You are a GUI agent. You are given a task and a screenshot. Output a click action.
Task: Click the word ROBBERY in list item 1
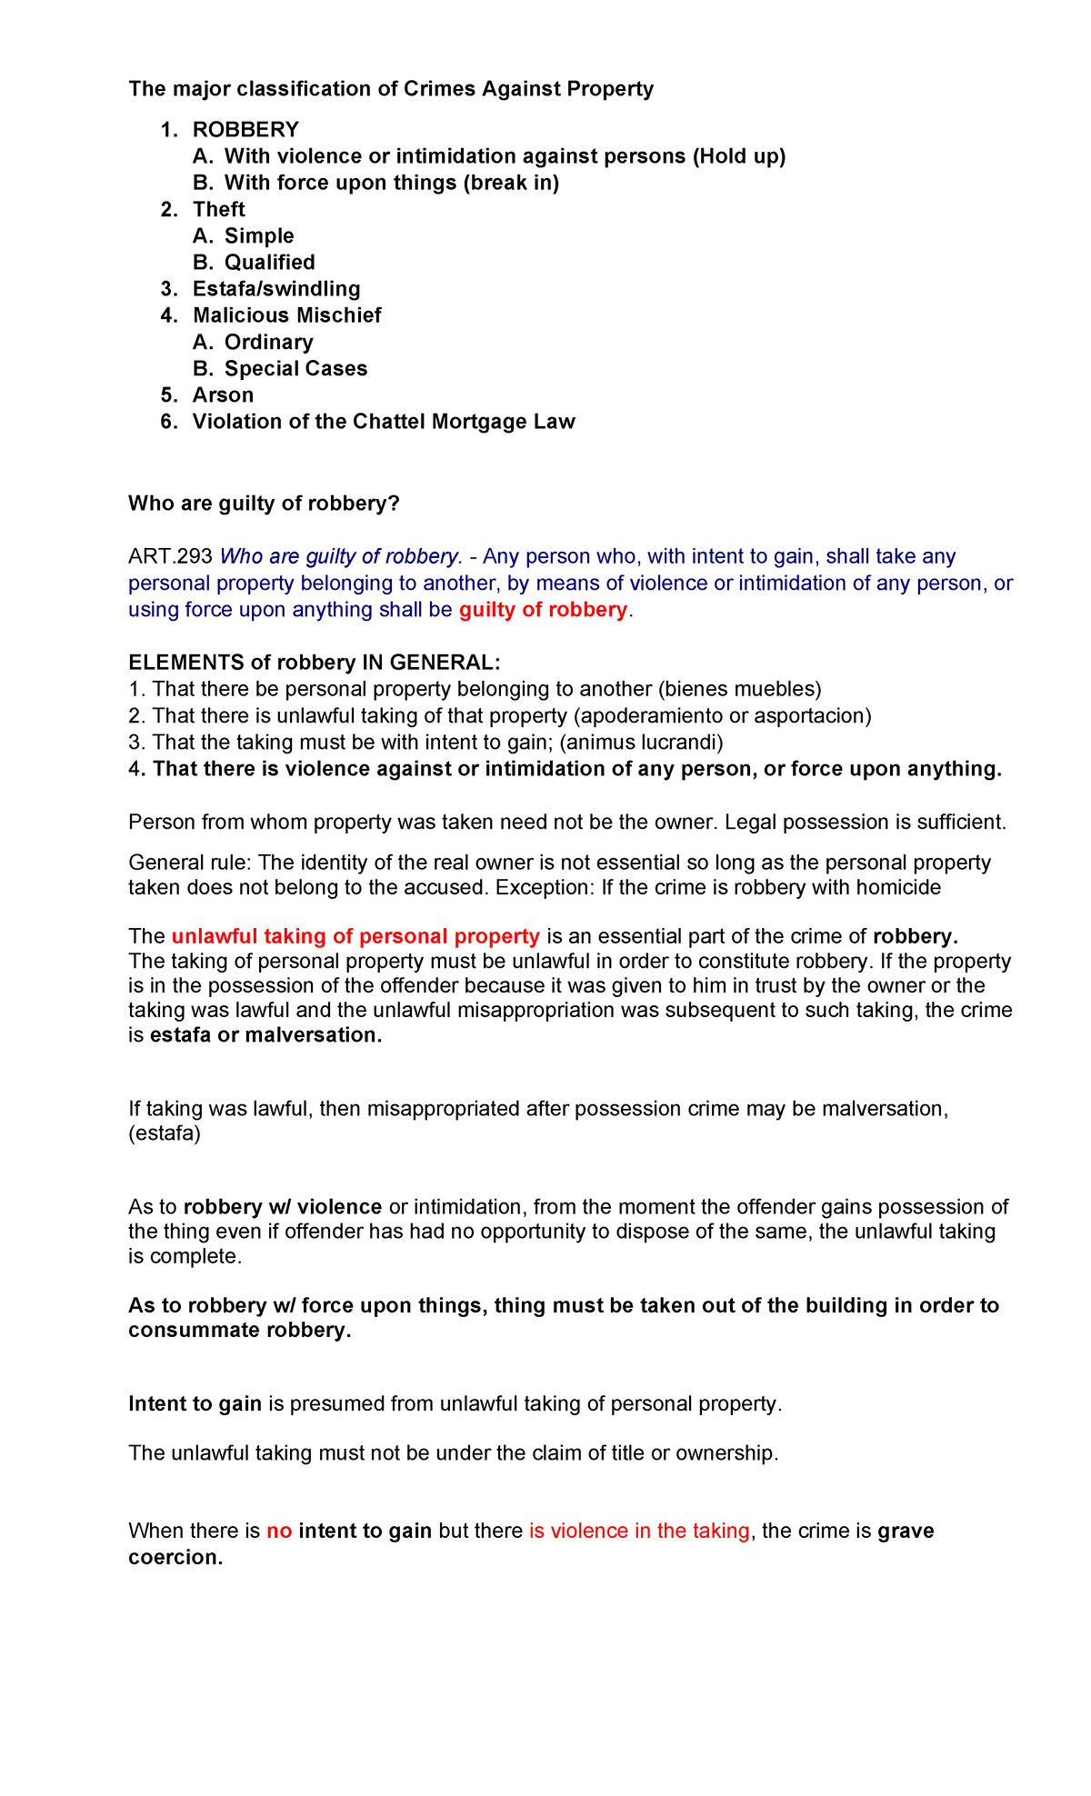[x=245, y=130]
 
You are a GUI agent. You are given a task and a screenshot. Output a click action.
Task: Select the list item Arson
[x=223, y=395]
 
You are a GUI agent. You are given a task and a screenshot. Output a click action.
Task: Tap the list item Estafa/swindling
[x=276, y=289]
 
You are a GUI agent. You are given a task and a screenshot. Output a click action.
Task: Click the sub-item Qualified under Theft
[x=269, y=263]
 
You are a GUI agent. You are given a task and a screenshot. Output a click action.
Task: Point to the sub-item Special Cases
[x=295, y=369]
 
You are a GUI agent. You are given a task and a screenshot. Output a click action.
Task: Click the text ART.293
[x=170, y=556]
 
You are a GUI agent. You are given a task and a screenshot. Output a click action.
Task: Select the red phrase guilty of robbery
[x=543, y=610]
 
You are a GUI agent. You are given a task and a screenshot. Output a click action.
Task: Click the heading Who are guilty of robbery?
[x=264, y=504]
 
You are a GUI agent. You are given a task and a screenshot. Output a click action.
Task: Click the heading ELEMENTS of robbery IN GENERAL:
[x=314, y=663]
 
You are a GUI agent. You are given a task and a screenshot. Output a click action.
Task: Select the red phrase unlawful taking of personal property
[x=355, y=936]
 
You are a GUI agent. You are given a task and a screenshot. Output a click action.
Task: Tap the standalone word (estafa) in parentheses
[x=165, y=1133]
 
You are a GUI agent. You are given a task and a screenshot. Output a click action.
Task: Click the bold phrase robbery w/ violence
[x=282, y=1207]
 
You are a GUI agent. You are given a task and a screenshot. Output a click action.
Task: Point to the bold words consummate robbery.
[x=239, y=1331]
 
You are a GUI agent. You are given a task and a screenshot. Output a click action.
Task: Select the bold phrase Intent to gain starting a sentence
[x=195, y=1404]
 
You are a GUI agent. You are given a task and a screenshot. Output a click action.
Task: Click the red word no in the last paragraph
[x=279, y=1532]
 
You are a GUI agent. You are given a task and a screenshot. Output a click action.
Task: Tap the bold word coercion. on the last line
[x=175, y=1558]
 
